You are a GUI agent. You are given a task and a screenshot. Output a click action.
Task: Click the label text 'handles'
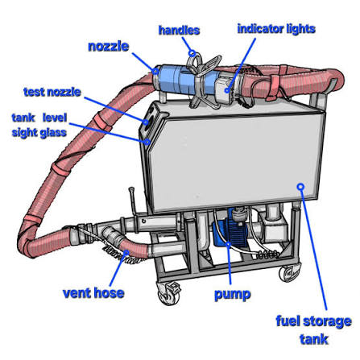179,30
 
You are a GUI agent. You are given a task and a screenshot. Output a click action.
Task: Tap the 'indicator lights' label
276,29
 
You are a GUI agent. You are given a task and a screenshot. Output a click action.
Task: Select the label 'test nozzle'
52,92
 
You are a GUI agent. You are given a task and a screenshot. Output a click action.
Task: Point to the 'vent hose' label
93,293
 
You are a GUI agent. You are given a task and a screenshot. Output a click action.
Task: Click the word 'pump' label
233,295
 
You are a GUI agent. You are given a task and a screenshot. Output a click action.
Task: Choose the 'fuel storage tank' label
313,330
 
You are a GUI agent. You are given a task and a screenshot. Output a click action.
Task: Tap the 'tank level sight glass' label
39,125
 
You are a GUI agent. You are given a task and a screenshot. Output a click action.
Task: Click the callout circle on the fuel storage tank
300,186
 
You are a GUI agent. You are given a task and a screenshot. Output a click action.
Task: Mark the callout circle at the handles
192,53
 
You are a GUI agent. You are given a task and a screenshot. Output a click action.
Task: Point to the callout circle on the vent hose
126,253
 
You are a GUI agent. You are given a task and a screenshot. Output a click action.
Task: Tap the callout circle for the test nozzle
146,122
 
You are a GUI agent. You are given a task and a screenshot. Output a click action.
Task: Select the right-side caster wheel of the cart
289,272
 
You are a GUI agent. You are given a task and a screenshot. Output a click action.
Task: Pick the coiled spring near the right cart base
267,254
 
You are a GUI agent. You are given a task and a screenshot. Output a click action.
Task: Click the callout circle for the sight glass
147,142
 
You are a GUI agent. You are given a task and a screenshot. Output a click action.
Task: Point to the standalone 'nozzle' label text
109,47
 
